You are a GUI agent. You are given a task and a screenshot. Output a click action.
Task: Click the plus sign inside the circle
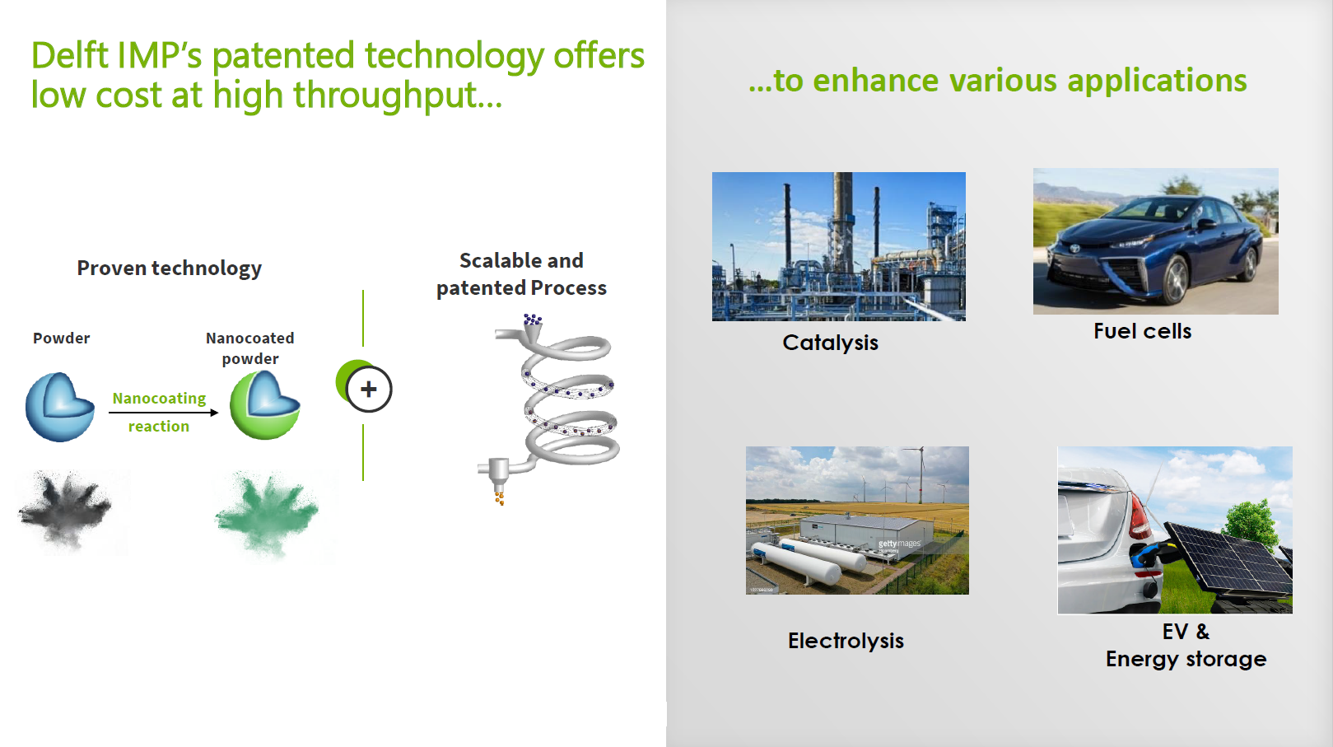click(369, 390)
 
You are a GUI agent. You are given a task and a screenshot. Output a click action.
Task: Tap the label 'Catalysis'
click(830, 343)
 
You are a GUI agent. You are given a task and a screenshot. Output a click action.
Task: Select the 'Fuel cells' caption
click(1143, 331)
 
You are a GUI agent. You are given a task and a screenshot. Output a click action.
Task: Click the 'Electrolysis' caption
click(846, 641)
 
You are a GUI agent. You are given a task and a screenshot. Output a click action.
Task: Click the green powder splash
click(268, 513)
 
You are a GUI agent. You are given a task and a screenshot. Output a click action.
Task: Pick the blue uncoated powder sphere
click(59, 407)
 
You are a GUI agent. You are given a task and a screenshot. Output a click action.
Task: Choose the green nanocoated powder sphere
click(265, 405)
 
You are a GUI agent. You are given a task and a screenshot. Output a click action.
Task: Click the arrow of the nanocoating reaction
click(164, 413)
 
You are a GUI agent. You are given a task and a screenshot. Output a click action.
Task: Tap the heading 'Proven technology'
click(169, 268)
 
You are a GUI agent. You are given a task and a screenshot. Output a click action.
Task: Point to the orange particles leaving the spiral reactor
click(499, 497)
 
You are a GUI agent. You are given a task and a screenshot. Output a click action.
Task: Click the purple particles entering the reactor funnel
click(533, 320)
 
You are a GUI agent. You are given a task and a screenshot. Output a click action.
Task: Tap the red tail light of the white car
click(1140, 516)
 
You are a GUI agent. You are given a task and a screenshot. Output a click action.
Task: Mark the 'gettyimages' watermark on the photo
click(899, 544)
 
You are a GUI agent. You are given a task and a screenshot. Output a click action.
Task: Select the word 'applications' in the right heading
click(1157, 81)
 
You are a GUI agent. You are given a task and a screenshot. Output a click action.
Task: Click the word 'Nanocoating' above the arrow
click(159, 398)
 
